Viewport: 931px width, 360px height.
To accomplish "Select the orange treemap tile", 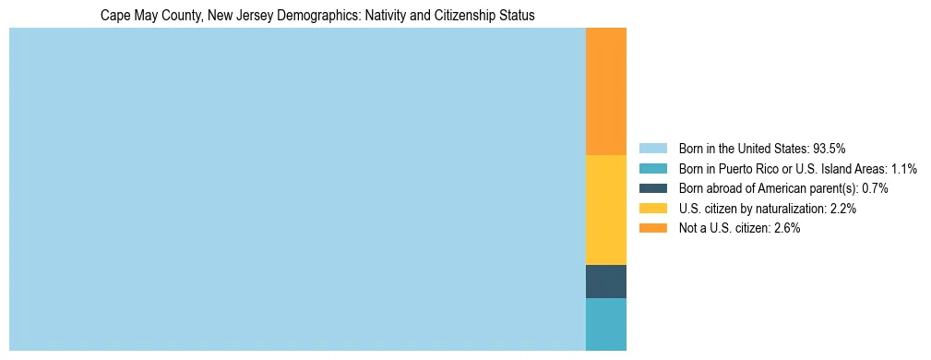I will pyautogui.click(x=606, y=91).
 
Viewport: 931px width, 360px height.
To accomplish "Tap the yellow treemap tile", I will pyautogui.click(x=606, y=210).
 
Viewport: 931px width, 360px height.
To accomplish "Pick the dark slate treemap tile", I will pyautogui.click(x=606, y=282).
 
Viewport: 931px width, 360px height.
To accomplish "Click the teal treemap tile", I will pyautogui.click(x=606, y=324).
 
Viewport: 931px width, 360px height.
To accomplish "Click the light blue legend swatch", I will pyautogui.click(x=652, y=149).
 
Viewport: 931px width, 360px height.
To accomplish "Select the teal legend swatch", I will pyautogui.click(x=652, y=169).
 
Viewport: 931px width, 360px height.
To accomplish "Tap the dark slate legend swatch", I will pyautogui.click(x=652, y=188).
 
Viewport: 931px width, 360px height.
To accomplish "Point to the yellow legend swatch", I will pyautogui.click(x=652, y=209).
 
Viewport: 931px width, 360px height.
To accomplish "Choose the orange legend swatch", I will pyautogui.click(x=652, y=229).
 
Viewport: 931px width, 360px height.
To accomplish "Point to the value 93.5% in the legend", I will pyautogui.click(x=830, y=149).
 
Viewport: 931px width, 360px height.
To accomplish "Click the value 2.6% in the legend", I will pyautogui.click(x=786, y=229).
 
